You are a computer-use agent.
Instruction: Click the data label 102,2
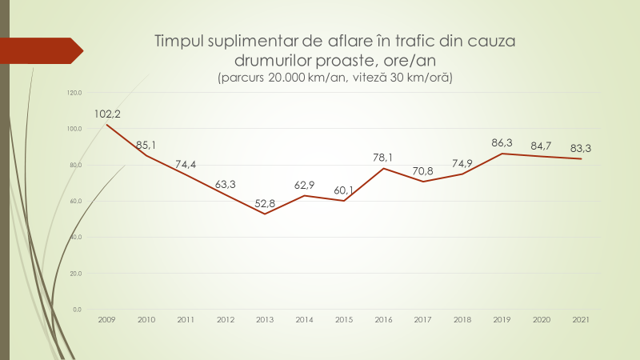click(107, 114)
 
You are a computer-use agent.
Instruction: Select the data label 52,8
click(265, 203)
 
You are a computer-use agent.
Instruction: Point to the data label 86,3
click(502, 142)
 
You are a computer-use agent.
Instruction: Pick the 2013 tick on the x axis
click(265, 319)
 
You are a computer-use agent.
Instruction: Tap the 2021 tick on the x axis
click(581, 319)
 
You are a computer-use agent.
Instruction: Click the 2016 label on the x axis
click(383, 319)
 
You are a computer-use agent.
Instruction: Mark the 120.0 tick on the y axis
click(75, 93)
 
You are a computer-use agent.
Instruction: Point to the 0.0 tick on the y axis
click(78, 310)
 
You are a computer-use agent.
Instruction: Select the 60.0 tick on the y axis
click(76, 201)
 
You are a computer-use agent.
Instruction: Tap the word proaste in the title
click(354, 60)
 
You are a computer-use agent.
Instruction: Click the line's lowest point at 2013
click(265, 214)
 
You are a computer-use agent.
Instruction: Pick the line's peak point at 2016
click(383, 168)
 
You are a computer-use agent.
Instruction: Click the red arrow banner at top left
click(40, 50)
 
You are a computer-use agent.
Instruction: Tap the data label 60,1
click(344, 190)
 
